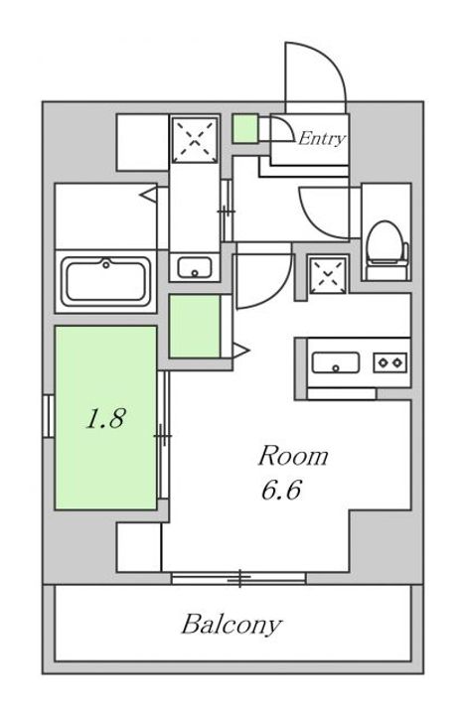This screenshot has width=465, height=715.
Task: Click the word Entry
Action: (322, 139)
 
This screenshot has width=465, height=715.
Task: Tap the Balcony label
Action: (232, 625)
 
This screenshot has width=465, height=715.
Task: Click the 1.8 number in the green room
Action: (104, 419)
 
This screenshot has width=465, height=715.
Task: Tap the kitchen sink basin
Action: (336, 362)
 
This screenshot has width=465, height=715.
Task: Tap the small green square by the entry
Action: (245, 128)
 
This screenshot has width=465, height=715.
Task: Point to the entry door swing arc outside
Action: (316, 70)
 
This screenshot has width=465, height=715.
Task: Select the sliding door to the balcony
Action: (238, 577)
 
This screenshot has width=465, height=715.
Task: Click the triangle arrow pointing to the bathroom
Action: (148, 194)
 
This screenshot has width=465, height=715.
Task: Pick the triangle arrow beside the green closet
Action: (239, 348)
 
